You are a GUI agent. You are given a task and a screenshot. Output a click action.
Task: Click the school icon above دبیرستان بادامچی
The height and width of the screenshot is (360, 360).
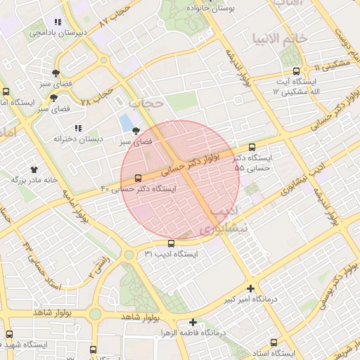point(57,22)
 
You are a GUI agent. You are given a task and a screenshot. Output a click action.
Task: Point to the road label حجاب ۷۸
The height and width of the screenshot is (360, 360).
point(96,96)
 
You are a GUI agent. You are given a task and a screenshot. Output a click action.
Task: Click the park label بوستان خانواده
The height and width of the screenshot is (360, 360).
point(210,6)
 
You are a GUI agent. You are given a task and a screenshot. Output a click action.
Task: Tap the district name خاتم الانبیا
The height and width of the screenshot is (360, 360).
point(280,37)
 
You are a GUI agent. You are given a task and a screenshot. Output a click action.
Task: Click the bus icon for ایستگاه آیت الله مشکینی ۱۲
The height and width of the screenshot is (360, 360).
point(296,72)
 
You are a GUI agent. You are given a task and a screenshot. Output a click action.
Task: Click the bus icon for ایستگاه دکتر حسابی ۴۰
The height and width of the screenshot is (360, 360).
point(137,178)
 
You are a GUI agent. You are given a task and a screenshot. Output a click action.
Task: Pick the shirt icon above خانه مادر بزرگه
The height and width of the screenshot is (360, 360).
point(33,169)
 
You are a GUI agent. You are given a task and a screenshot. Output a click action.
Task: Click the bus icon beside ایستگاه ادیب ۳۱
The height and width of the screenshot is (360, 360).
point(171,243)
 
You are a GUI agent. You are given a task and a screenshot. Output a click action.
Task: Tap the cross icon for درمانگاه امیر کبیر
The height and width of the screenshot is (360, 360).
point(251,288)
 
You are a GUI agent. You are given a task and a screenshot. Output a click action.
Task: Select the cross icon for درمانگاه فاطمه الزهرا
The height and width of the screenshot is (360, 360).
point(193,323)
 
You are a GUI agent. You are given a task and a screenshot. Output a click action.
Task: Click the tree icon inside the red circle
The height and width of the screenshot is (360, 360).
point(135,131)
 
